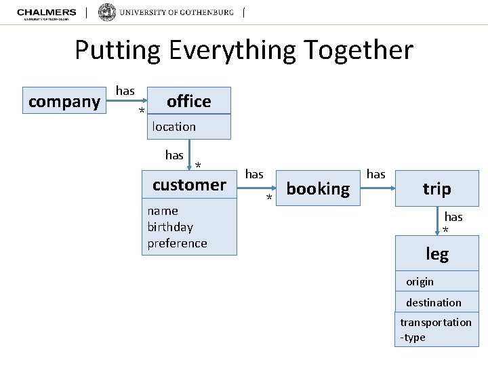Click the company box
pos(64,102)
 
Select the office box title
pos(189,101)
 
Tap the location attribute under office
pos(174,127)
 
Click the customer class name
pos(189,184)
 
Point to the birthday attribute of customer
pos(170,227)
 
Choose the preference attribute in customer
pos(177,243)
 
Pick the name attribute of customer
pos(163,211)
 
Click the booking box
pos(318,188)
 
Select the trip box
pos(436,188)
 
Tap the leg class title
pos(437,254)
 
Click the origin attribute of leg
pos(420,281)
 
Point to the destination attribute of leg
pos(434,303)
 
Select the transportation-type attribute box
pos(436,330)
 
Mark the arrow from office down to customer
pos(189,153)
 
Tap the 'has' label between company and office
pos(125,90)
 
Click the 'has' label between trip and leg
pos(453,217)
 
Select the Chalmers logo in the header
pos(46,14)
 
